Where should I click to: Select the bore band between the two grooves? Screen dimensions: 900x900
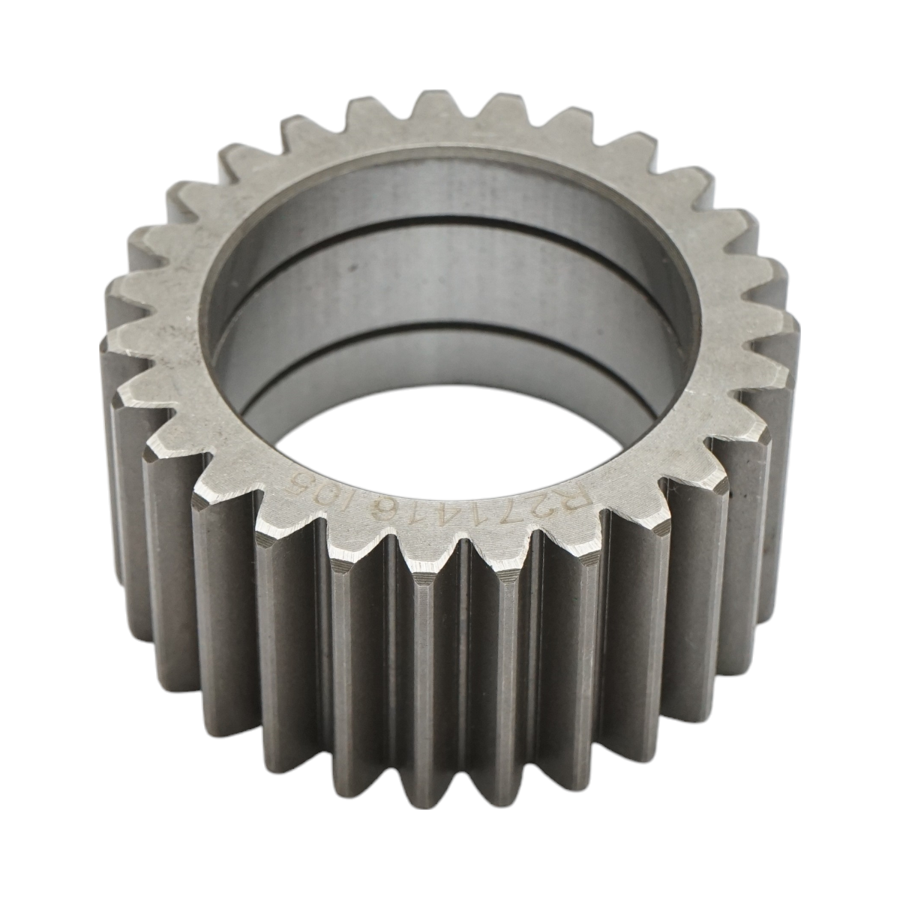tap(450, 285)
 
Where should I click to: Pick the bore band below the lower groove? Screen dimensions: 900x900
tap(450, 375)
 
